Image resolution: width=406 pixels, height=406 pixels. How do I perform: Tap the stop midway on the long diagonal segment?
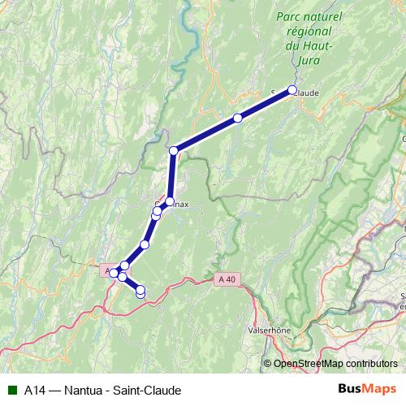click(238, 118)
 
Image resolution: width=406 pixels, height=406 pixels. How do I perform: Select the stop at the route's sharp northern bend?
click(173, 150)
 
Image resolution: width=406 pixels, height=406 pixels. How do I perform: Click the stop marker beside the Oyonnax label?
click(171, 201)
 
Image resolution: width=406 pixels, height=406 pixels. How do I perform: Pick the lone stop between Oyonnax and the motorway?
click(145, 244)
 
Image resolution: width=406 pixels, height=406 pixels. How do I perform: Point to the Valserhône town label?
click(268, 331)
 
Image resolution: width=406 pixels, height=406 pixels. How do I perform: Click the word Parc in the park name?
click(290, 16)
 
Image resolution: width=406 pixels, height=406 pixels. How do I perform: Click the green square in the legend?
click(11, 389)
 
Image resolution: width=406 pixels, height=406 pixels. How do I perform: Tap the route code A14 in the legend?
click(34, 389)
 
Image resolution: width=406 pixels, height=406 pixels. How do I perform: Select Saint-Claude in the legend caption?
click(152, 389)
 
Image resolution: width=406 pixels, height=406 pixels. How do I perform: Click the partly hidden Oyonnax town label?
click(180, 205)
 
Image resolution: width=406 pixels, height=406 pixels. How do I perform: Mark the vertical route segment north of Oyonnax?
click(172, 175)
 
